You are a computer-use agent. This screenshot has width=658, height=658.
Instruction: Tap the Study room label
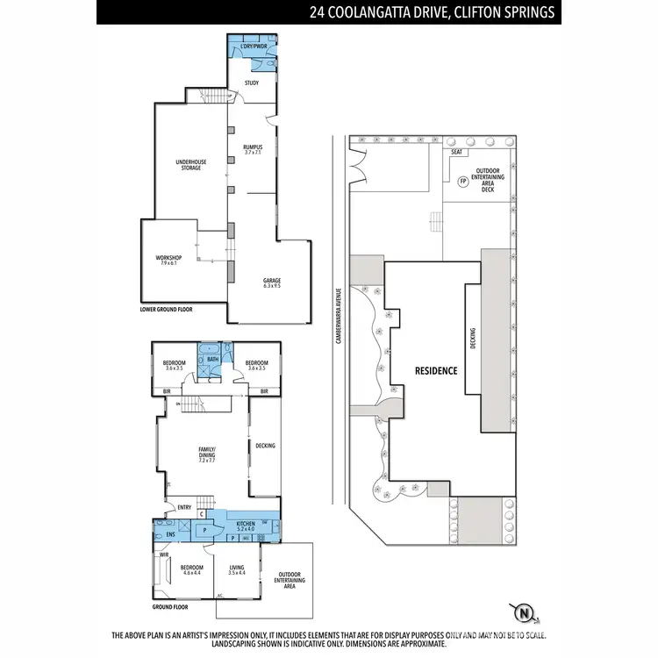coord(252,83)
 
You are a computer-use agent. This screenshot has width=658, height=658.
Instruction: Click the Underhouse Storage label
coord(189,164)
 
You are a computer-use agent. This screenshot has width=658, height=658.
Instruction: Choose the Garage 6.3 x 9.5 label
coord(271,283)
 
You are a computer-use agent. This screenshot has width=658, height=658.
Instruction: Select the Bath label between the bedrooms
coord(212,359)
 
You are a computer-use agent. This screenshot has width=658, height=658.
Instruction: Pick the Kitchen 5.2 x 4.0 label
coord(247,526)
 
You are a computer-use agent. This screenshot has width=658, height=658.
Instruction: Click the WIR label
coord(163,554)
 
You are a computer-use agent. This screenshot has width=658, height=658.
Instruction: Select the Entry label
coord(185,507)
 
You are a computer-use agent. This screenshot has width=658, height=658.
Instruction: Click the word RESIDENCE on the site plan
coord(436,370)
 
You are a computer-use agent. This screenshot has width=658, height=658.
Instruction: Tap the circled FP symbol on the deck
coord(461,182)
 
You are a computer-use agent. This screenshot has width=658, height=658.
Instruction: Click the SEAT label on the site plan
coord(456,153)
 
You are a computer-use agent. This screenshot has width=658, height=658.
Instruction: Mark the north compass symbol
coord(524,611)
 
